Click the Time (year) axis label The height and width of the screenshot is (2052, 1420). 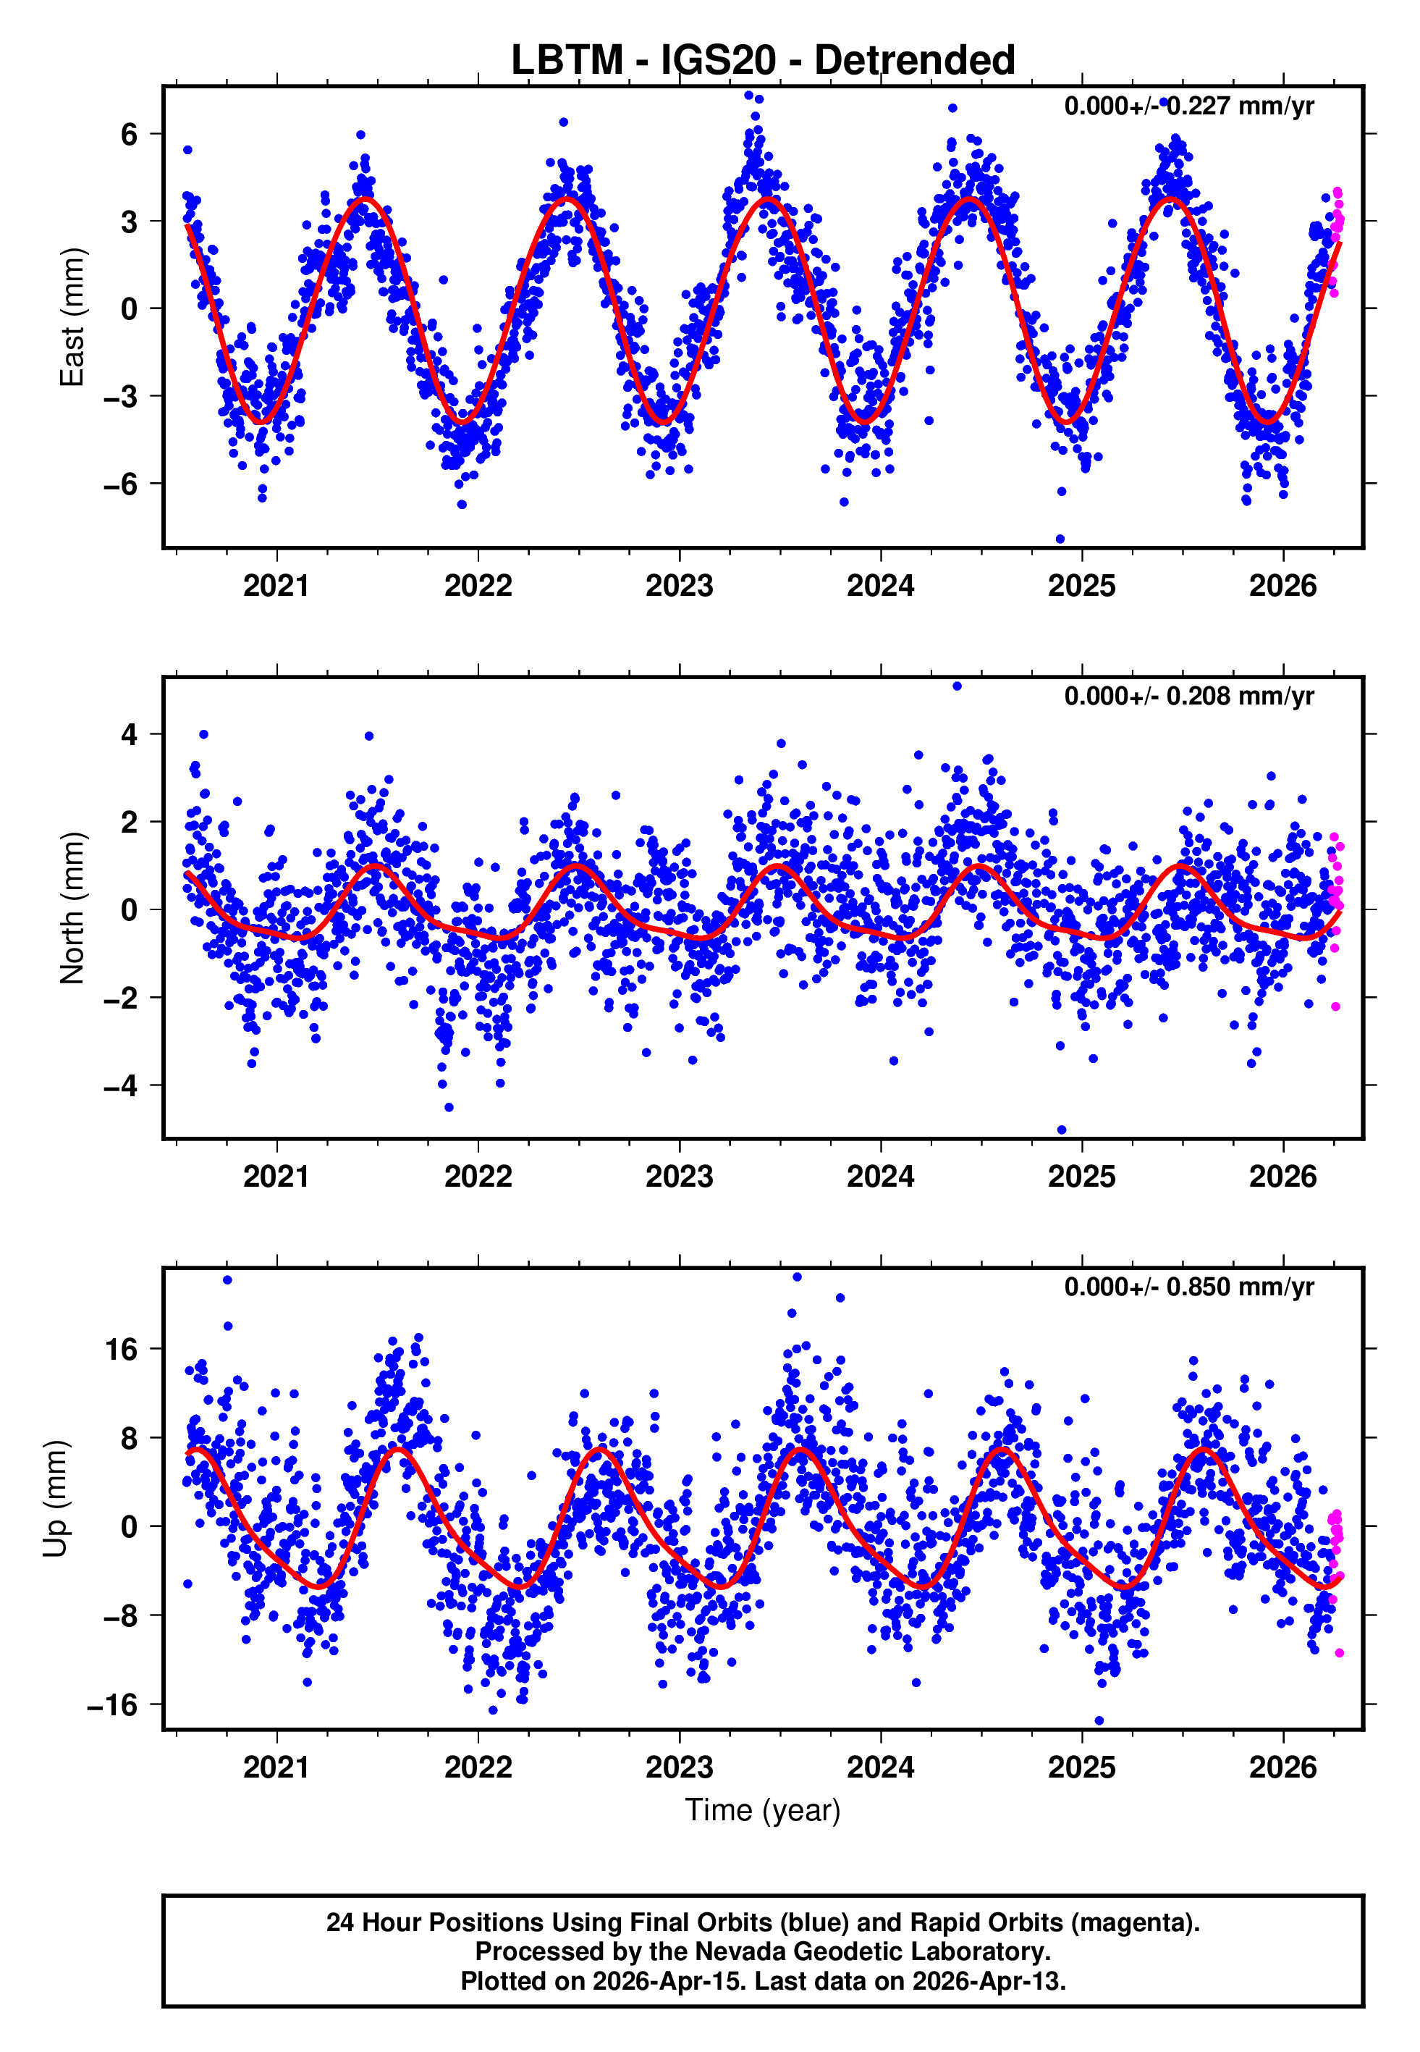click(763, 1810)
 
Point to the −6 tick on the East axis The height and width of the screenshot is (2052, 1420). click(121, 484)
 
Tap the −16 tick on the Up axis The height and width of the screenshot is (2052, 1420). click(112, 1704)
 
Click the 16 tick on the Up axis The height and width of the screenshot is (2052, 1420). click(121, 1350)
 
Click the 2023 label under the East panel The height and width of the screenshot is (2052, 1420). click(679, 586)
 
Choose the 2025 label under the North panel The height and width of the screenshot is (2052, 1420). click(1081, 1177)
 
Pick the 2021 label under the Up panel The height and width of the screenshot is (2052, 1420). click(276, 1767)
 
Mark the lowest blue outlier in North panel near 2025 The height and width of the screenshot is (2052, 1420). click(1062, 1130)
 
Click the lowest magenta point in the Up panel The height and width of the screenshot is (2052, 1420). click(1339, 1652)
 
